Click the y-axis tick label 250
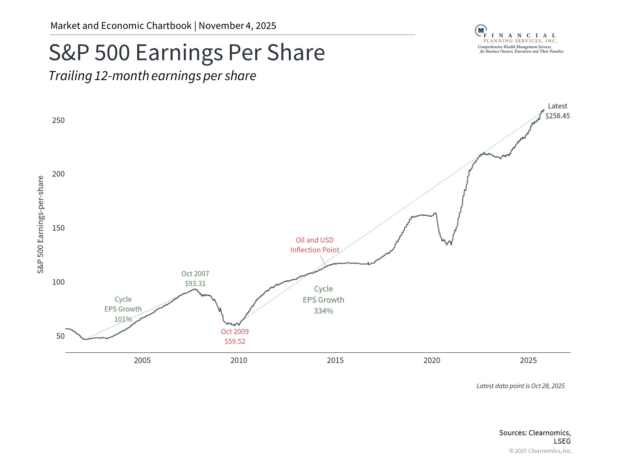coord(58,120)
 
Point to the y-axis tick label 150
coord(58,228)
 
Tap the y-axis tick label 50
coord(60,336)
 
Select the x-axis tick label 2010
coord(239,360)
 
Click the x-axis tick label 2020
coord(432,360)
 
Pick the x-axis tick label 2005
coord(142,360)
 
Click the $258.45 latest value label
coord(557,116)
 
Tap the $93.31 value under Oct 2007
coord(195,284)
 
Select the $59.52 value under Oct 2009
coord(235,341)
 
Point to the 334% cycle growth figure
coord(323,311)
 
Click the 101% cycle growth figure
coord(123,319)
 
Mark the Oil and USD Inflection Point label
coord(315,245)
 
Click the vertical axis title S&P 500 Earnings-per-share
coord(40,224)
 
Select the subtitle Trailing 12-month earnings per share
coord(152,76)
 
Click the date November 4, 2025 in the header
coord(237,26)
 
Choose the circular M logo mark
coord(481,30)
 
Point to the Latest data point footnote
coord(520,386)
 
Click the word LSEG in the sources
coord(562,441)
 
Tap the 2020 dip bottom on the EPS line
coord(447,244)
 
